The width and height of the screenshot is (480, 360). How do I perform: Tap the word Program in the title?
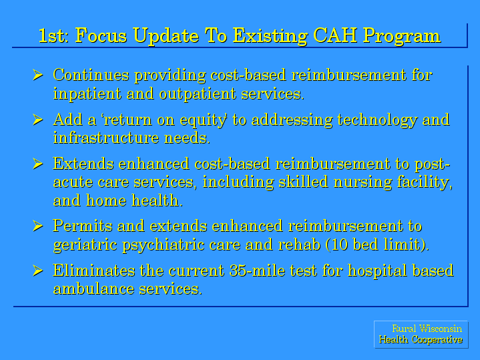[402, 37]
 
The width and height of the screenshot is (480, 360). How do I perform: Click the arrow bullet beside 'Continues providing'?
[37, 75]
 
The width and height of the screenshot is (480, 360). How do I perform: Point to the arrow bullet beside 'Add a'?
[37, 120]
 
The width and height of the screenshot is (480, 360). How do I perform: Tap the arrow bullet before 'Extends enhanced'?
[37, 164]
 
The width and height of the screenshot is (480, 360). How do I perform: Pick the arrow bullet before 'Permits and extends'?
[37, 226]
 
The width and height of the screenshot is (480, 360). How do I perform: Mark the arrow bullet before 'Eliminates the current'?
[37, 271]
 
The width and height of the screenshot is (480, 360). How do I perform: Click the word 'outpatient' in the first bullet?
[198, 94]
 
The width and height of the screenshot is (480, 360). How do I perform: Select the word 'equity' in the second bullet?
[203, 120]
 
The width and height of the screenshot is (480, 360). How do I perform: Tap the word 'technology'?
[377, 120]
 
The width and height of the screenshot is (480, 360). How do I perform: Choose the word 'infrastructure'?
[106, 138]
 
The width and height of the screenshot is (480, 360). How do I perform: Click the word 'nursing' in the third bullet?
[363, 182]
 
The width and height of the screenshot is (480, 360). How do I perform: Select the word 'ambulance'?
[93, 289]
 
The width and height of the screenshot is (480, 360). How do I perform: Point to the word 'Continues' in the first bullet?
[91, 75]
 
